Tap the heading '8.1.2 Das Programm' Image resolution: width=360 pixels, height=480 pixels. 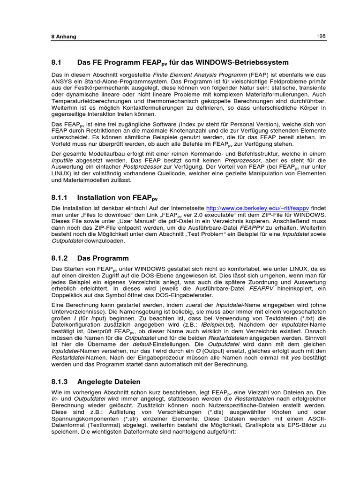[90, 258]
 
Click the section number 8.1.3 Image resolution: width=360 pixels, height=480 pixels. [60, 382]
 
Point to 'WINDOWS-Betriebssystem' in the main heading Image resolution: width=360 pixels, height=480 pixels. [240, 62]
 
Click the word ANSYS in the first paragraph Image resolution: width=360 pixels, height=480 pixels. [62, 81]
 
